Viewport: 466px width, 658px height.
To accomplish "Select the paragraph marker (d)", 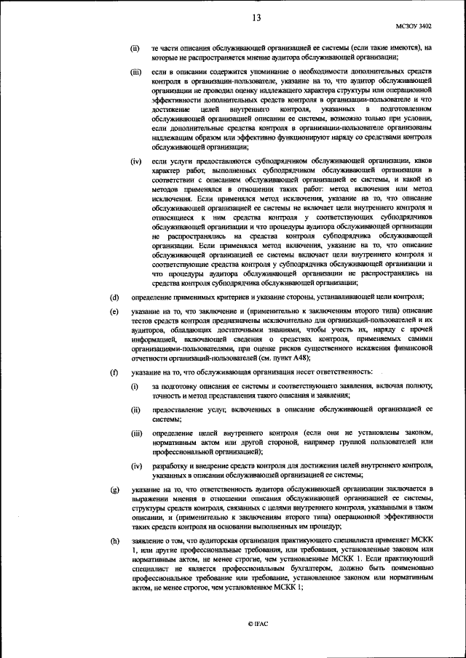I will (114, 297).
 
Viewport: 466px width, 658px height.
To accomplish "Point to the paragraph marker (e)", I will (114, 311).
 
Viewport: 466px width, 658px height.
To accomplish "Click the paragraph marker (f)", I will (114, 372).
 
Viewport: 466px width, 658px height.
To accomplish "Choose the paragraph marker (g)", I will (114, 489).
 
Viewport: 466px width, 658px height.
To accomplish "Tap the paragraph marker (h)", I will (114, 540).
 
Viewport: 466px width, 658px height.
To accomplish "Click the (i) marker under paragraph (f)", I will (135, 385).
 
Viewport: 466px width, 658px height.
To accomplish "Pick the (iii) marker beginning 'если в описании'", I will (135, 73).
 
